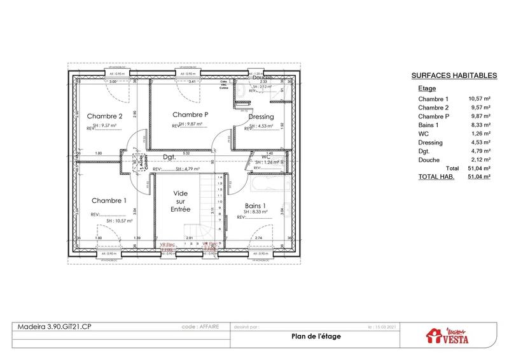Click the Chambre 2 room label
coord(105,116)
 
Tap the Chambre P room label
coord(191,114)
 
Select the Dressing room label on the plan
coord(261,116)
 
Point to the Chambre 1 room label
coord(109,200)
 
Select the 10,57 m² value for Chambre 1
coord(479,99)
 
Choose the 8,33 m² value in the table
coord(479,125)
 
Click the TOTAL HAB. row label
coord(436,177)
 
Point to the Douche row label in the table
coord(429,161)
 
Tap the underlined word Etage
coord(427,89)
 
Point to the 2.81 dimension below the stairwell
coord(188,238)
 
